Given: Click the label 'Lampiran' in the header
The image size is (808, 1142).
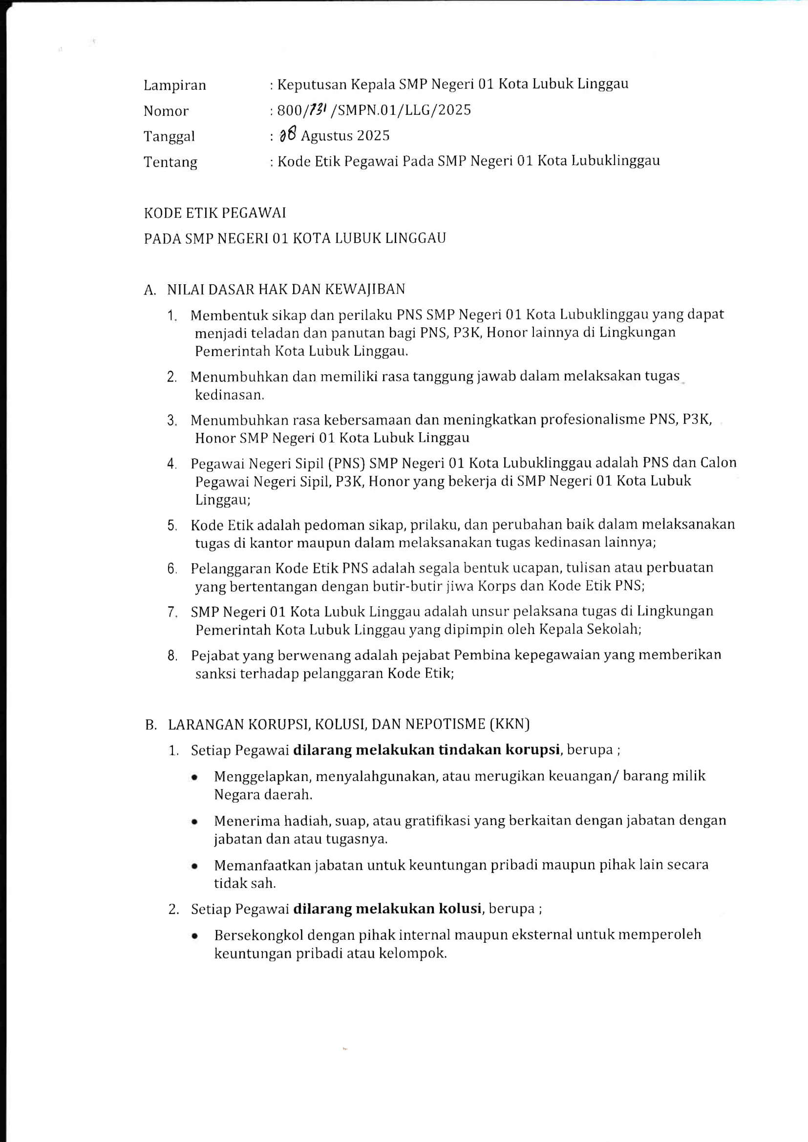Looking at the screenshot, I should coord(174,85).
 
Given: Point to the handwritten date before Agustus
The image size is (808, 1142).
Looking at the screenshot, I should coord(288,134).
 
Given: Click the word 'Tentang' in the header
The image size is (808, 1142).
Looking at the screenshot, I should coord(170,162).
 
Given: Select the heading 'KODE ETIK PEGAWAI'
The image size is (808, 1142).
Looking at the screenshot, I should coord(215,213).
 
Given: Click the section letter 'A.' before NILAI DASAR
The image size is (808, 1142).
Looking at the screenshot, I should coord(150,290).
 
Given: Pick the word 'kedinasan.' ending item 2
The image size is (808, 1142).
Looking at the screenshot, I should coord(230,395).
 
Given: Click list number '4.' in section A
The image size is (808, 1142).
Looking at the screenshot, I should coord(171,464).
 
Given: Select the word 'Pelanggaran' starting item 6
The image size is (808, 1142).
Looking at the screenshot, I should coord(231,569).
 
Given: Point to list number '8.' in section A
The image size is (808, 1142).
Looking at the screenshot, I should coord(172,656).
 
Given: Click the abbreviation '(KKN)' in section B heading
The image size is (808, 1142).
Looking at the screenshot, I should coord(510,724).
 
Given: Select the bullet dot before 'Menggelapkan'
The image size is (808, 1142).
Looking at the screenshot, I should coord(194,777).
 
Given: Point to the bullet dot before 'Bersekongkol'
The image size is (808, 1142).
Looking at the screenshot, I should coord(194,936).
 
